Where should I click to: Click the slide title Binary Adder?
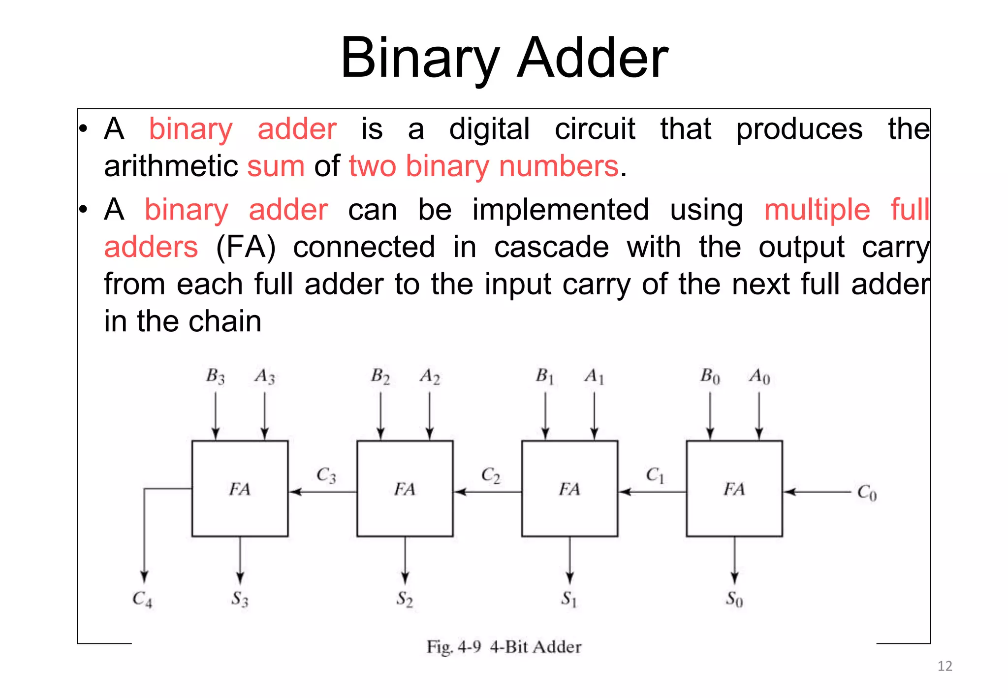point(504,58)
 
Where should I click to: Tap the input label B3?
point(215,377)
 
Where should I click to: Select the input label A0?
point(759,377)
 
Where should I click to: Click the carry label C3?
point(326,476)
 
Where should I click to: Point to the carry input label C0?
point(867,492)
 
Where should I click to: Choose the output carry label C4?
point(142,599)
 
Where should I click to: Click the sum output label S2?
point(405,599)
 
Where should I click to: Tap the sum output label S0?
point(734,599)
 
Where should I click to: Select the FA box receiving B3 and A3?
point(240,488)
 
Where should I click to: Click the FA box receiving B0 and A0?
point(734,488)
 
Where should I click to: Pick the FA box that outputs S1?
point(569,488)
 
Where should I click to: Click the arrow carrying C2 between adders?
point(487,491)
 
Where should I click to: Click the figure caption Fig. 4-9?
point(504,646)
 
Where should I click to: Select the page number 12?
point(945,666)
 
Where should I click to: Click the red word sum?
point(276,166)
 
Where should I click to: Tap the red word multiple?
point(817,210)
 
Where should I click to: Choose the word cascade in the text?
point(551,247)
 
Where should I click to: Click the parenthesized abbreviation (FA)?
point(246,247)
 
